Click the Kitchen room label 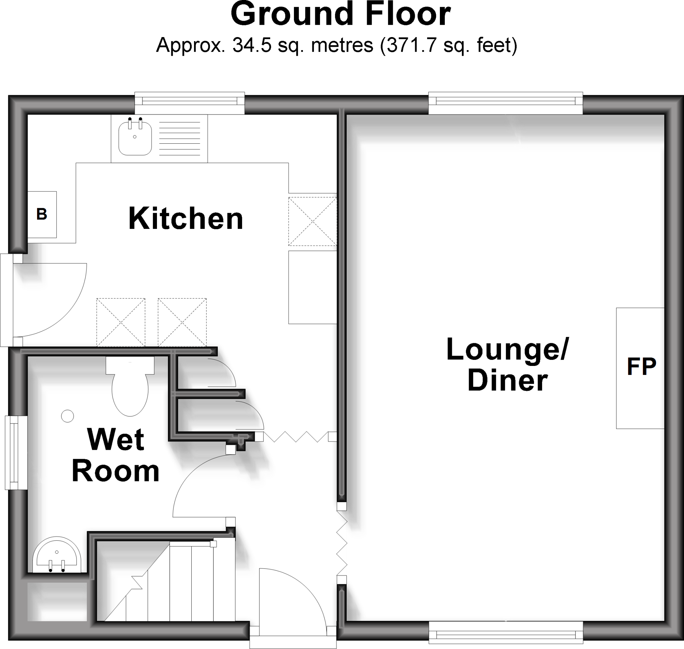(186, 218)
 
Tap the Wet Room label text (116, 455)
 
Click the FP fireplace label (641, 366)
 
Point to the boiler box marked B (42, 215)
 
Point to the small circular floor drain (67, 416)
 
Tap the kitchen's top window (189, 101)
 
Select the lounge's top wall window (505, 101)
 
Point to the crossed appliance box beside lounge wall (313, 222)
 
